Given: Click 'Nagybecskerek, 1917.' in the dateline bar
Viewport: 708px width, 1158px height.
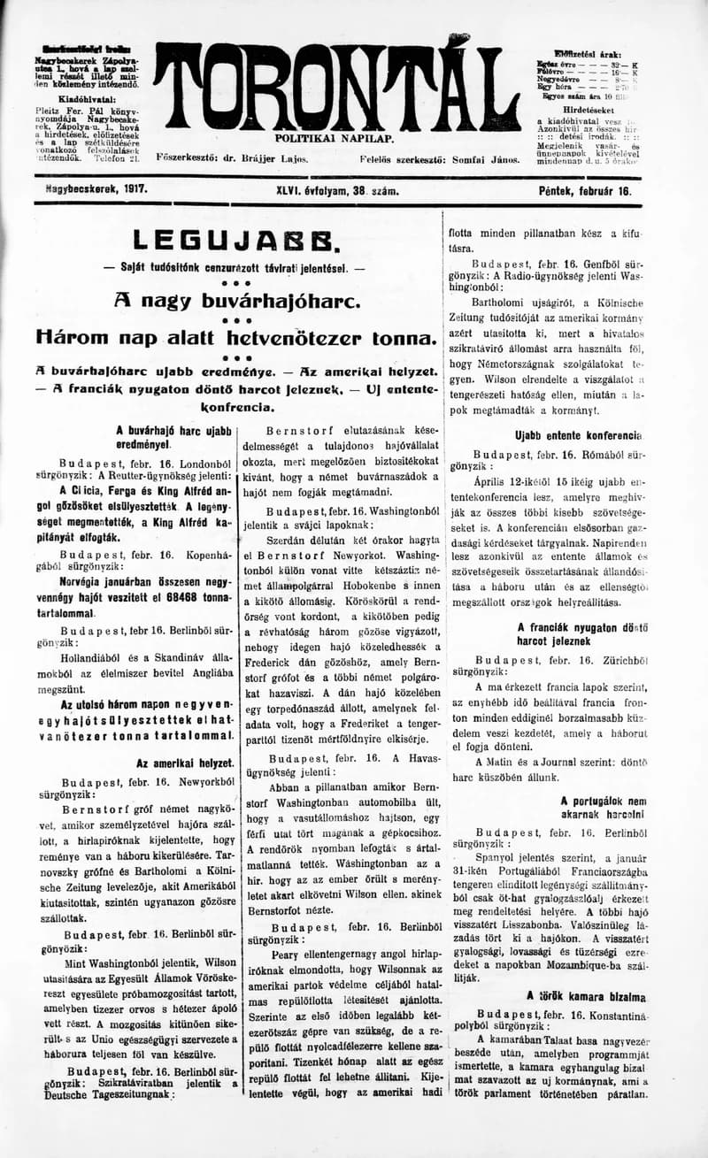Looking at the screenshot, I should point(96,189).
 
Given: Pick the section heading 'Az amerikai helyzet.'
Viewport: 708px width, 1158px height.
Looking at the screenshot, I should point(185,763).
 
